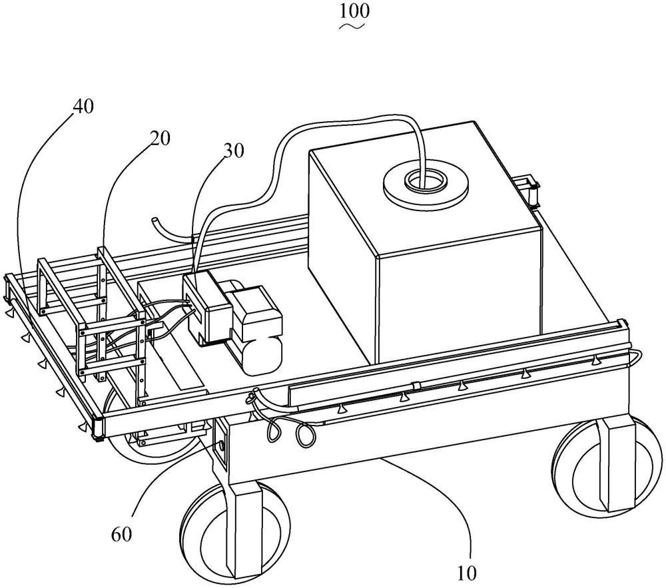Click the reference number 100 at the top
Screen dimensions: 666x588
[354, 11]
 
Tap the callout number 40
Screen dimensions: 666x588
[83, 107]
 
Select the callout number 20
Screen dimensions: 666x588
[159, 138]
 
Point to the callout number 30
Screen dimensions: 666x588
[234, 150]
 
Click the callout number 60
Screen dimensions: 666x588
[121, 535]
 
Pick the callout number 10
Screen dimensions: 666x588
[467, 573]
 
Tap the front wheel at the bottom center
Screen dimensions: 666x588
[235, 533]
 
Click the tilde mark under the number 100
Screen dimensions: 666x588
[352, 27]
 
